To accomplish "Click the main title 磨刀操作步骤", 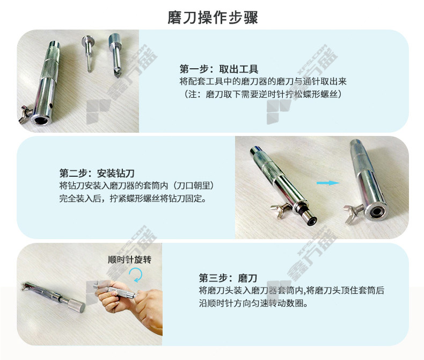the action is coord(213,18).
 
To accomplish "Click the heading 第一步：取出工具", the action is coord(219,69).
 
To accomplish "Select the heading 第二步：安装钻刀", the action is coord(97,173).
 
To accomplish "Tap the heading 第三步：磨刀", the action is coord(228,278).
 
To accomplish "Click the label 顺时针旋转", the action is coord(129,260).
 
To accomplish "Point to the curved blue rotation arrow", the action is coord(136,275).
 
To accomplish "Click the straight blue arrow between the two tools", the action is coord(328,183).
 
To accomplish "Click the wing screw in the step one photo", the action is coord(25,114).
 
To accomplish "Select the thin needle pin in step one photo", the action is coord(88,54).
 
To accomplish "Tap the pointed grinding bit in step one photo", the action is coord(116,55).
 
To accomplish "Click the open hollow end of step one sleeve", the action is coord(40,120).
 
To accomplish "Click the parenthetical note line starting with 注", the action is coord(263,95).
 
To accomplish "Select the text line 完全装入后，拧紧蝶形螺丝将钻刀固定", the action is coord(133,198).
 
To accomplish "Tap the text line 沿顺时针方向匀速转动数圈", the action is coord(253,303).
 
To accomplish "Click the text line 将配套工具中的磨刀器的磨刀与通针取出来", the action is coord(263,82).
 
